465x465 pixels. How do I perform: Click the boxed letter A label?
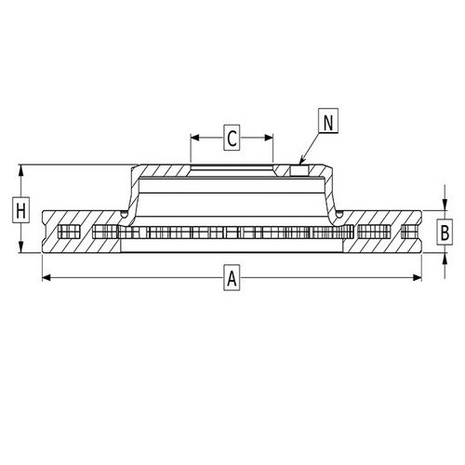232,277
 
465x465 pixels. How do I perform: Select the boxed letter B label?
445,232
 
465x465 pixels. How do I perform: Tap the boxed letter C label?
232,138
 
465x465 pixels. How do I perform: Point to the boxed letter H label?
20,209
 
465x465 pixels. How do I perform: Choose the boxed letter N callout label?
328,121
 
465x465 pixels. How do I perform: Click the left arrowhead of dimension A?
46,277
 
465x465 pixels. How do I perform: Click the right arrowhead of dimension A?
418,277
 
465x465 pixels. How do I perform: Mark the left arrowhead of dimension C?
195,138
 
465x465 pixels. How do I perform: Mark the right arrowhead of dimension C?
269,138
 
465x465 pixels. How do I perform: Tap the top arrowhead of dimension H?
20,169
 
